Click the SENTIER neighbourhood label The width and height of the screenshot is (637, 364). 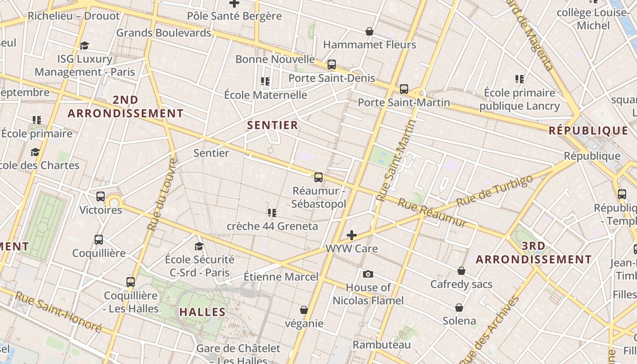[x=273, y=125]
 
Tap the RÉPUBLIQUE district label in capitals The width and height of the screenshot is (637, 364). [x=588, y=131]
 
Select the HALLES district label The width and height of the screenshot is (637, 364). [x=202, y=312]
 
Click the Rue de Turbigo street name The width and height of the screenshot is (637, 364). [x=494, y=191]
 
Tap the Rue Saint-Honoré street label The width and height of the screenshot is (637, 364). [x=58, y=311]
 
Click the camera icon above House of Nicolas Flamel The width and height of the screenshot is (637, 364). [x=368, y=274]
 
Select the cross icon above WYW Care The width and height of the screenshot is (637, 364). [x=352, y=235]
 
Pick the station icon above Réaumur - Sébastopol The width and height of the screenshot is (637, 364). [x=318, y=177]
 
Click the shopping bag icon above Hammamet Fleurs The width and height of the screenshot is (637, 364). [x=369, y=31]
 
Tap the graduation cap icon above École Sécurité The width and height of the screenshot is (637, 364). [x=199, y=246]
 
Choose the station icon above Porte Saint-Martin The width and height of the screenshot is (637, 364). [x=404, y=89]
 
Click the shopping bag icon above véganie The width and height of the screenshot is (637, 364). [x=304, y=310]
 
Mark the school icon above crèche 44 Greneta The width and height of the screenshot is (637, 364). [x=272, y=212]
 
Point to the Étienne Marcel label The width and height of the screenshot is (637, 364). [x=281, y=277]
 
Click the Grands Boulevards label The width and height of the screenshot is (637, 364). [x=164, y=33]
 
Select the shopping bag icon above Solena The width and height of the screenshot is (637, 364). [x=459, y=307]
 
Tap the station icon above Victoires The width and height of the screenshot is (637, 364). [x=101, y=197]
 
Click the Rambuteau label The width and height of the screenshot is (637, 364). [x=382, y=344]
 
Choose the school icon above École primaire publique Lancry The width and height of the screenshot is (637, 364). [x=520, y=79]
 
